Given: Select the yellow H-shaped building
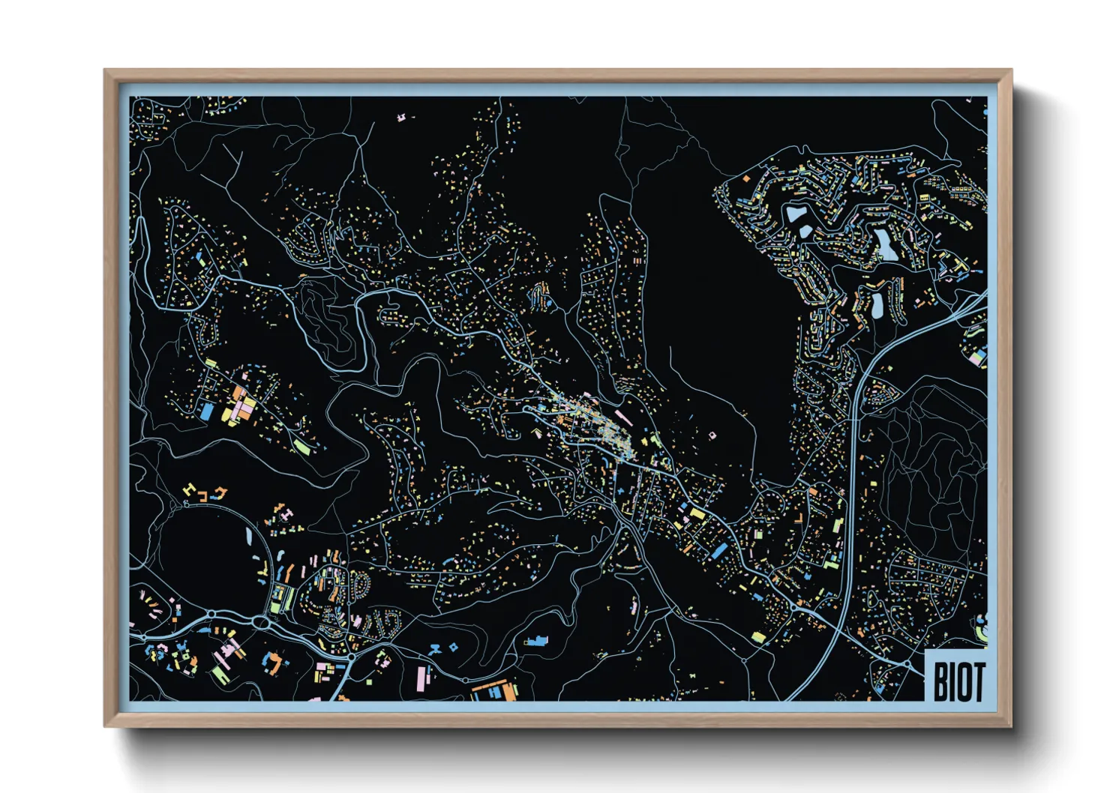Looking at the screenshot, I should (189, 491).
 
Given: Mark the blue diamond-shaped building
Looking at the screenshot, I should (454, 646).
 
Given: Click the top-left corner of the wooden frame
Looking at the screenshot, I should (104, 70).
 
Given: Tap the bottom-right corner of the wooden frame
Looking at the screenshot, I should (1012, 726).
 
